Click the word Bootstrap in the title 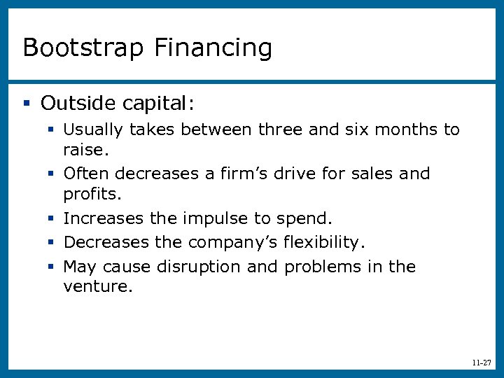pos(83,48)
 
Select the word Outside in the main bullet pos(78,104)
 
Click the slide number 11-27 pos(481,363)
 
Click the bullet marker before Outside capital pos(27,104)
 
